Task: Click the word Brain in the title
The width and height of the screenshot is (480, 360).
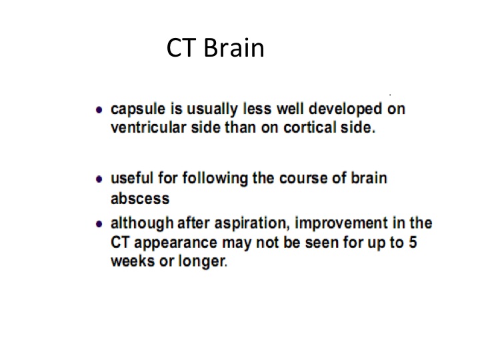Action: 234,48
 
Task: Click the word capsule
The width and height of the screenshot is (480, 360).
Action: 138,109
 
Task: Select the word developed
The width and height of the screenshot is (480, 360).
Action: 345,109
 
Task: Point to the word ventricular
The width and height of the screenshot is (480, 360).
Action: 149,127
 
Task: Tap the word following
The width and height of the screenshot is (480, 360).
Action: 215,179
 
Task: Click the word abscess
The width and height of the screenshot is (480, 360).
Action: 140,199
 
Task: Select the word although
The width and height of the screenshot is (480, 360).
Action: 142,223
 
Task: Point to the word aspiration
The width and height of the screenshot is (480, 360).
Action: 252,224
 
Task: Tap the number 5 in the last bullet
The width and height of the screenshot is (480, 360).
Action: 413,243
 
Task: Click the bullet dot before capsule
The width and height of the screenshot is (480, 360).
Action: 99,109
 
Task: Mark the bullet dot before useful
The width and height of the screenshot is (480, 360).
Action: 99,179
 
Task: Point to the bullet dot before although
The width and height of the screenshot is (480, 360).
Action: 99,224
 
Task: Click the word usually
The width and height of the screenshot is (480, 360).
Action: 212,109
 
